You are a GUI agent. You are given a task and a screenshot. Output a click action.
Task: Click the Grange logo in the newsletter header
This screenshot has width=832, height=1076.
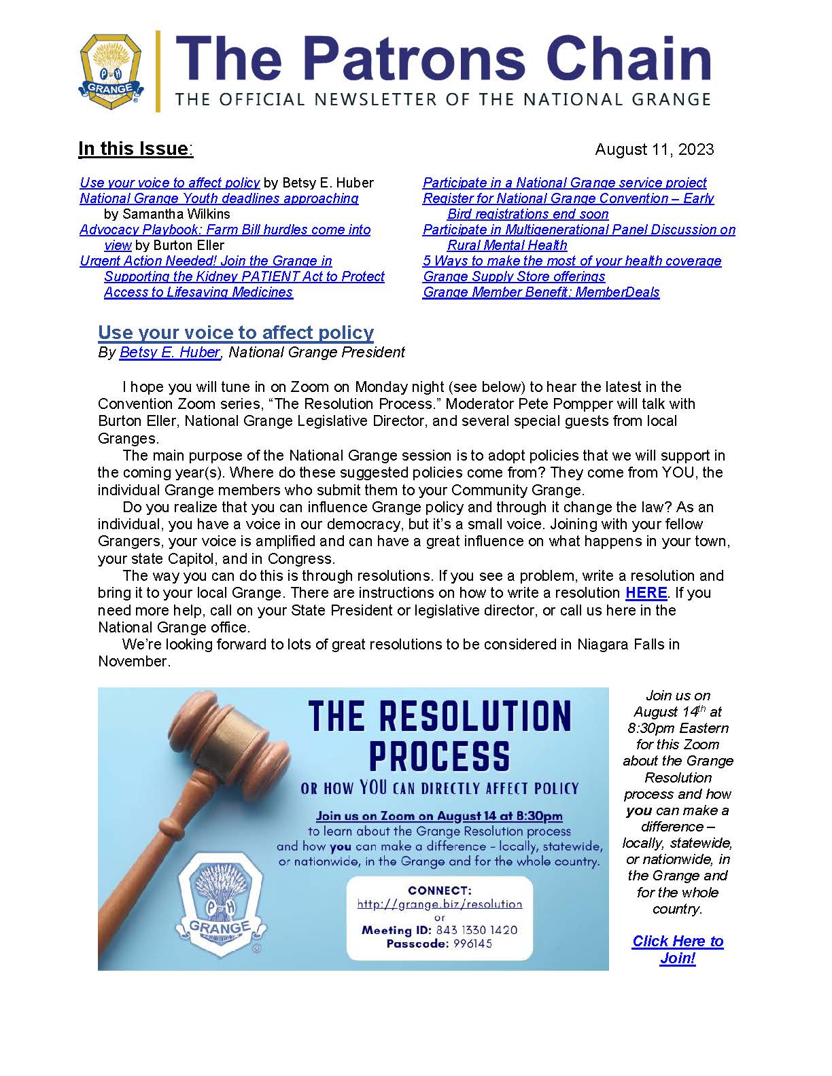coord(111,70)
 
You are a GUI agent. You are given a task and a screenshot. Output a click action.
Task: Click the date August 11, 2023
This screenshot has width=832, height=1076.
coord(654,149)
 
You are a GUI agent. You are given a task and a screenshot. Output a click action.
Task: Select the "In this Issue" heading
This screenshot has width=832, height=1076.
coord(135,149)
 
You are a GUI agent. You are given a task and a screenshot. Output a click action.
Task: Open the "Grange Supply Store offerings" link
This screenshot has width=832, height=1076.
coord(514,276)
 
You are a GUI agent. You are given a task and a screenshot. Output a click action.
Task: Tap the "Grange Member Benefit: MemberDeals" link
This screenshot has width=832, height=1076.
coord(541,292)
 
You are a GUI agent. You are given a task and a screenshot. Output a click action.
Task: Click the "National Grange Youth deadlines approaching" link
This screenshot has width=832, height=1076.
coord(219,198)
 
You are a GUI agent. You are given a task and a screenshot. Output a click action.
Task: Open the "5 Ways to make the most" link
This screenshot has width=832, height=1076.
coord(572,261)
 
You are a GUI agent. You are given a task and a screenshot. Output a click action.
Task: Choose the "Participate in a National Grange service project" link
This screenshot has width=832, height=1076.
coord(564,183)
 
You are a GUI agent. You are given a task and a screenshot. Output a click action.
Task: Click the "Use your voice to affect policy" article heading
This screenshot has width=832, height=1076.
coord(236,332)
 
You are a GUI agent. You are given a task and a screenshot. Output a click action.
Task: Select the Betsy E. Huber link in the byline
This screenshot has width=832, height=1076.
coord(169,352)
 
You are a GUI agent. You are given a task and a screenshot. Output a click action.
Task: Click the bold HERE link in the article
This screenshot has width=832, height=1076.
coord(646,592)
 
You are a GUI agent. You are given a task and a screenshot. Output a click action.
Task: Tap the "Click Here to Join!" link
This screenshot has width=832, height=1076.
coord(678,950)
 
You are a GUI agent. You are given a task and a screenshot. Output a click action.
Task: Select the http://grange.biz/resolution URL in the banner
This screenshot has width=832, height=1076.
coord(440,904)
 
